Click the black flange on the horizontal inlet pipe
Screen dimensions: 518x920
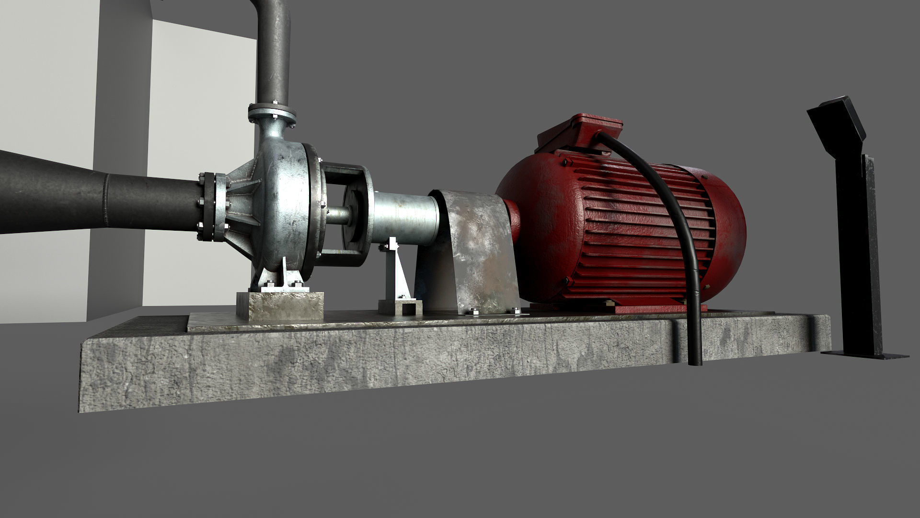click(x=207, y=207)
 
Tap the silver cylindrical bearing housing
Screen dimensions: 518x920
click(x=405, y=218)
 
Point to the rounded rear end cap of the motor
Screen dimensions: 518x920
click(x=728, y=230)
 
